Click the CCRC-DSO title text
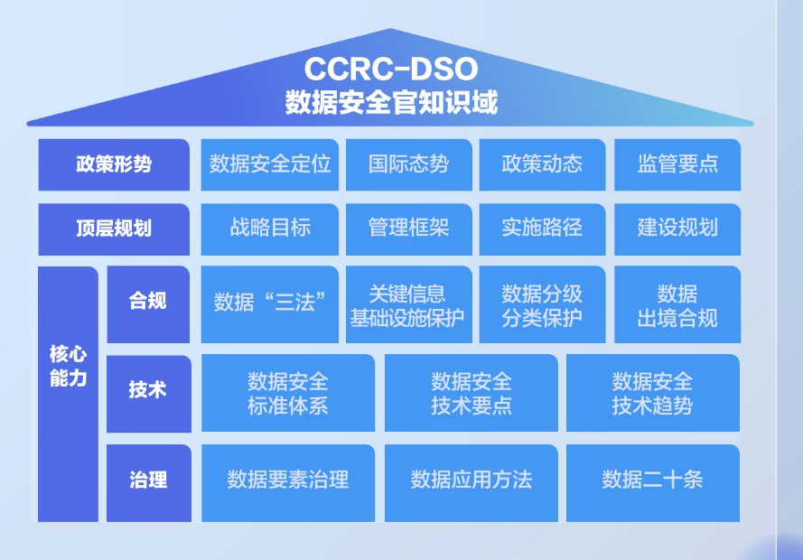(x=390, y=69)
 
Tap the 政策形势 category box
(x=114, y=164)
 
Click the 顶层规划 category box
(x=114, y=229)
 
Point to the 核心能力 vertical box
(x=68, y=393)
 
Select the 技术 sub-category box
(x=148, y=392)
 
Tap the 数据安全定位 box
(x=270, y=164)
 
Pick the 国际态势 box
(x=408, y=164)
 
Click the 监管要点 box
(x=677, y=164)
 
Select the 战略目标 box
(x=270, y=229)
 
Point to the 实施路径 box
(x=542, y=229)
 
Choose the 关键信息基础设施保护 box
(x=408, y=304)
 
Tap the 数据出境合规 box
(x=677, y=304)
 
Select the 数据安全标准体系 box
(x=288, y=393)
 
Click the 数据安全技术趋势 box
(x=652, y=393)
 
